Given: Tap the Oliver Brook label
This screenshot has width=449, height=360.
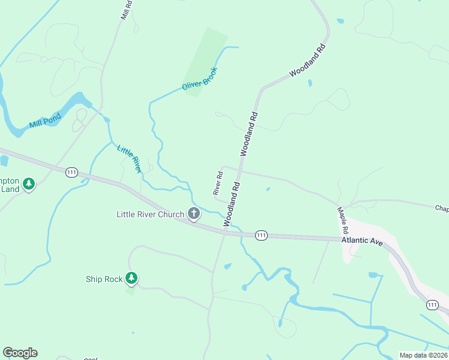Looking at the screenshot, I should (199, 79).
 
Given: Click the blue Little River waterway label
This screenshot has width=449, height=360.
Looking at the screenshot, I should (129, 160).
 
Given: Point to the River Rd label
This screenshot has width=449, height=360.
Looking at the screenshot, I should (218, 183).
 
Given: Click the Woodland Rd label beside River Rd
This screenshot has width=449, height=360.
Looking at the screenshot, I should (232, 204).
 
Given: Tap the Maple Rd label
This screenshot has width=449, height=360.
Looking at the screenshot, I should (343, 220).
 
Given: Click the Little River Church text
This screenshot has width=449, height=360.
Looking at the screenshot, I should (151, 214).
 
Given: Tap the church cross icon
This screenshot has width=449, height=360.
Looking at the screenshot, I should (194, 213).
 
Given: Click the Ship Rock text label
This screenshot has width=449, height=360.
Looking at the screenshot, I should (104, 279).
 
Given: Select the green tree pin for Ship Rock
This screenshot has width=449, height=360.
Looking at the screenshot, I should (131, 278).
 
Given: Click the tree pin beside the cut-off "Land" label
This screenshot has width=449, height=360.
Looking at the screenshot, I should (29, 184).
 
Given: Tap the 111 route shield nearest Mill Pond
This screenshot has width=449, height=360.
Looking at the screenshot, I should (72, 172).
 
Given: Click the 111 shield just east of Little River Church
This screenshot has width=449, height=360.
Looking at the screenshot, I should (261, 235).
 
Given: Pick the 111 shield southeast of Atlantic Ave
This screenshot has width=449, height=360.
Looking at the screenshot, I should (432, 305).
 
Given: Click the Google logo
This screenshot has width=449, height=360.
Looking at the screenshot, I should (20, 353).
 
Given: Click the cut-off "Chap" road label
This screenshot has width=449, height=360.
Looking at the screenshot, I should (442, 208).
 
